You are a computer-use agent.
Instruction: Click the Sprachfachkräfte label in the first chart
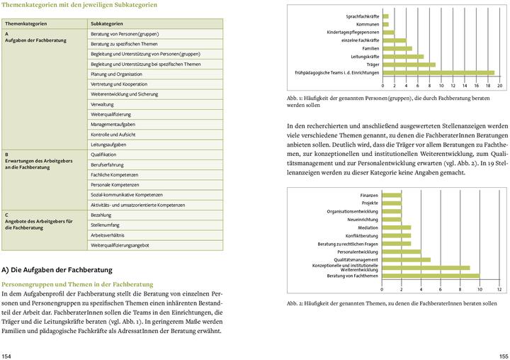tap(362, 16)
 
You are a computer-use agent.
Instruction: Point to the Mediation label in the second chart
tap(368, 227)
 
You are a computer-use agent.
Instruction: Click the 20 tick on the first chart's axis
tap(500, 85)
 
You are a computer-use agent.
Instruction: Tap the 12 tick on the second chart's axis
tap(499, 290)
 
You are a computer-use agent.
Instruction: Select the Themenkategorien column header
tap(25, 23)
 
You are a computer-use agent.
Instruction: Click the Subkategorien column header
tap(108, 23)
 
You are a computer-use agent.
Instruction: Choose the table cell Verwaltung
tap(102, 104)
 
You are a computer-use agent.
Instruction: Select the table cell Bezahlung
tap(101, 214)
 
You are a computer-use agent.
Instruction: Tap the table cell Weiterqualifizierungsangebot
tap(120, 244)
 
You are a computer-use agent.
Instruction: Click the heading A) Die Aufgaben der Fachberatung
tap(57, 270)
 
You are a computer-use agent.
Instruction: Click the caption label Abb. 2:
tap(295, 303)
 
